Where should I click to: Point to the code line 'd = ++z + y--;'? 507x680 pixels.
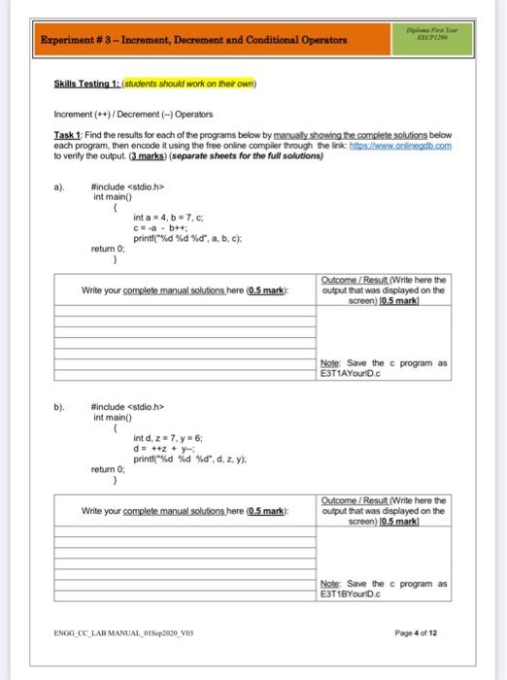tap(166, 448)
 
